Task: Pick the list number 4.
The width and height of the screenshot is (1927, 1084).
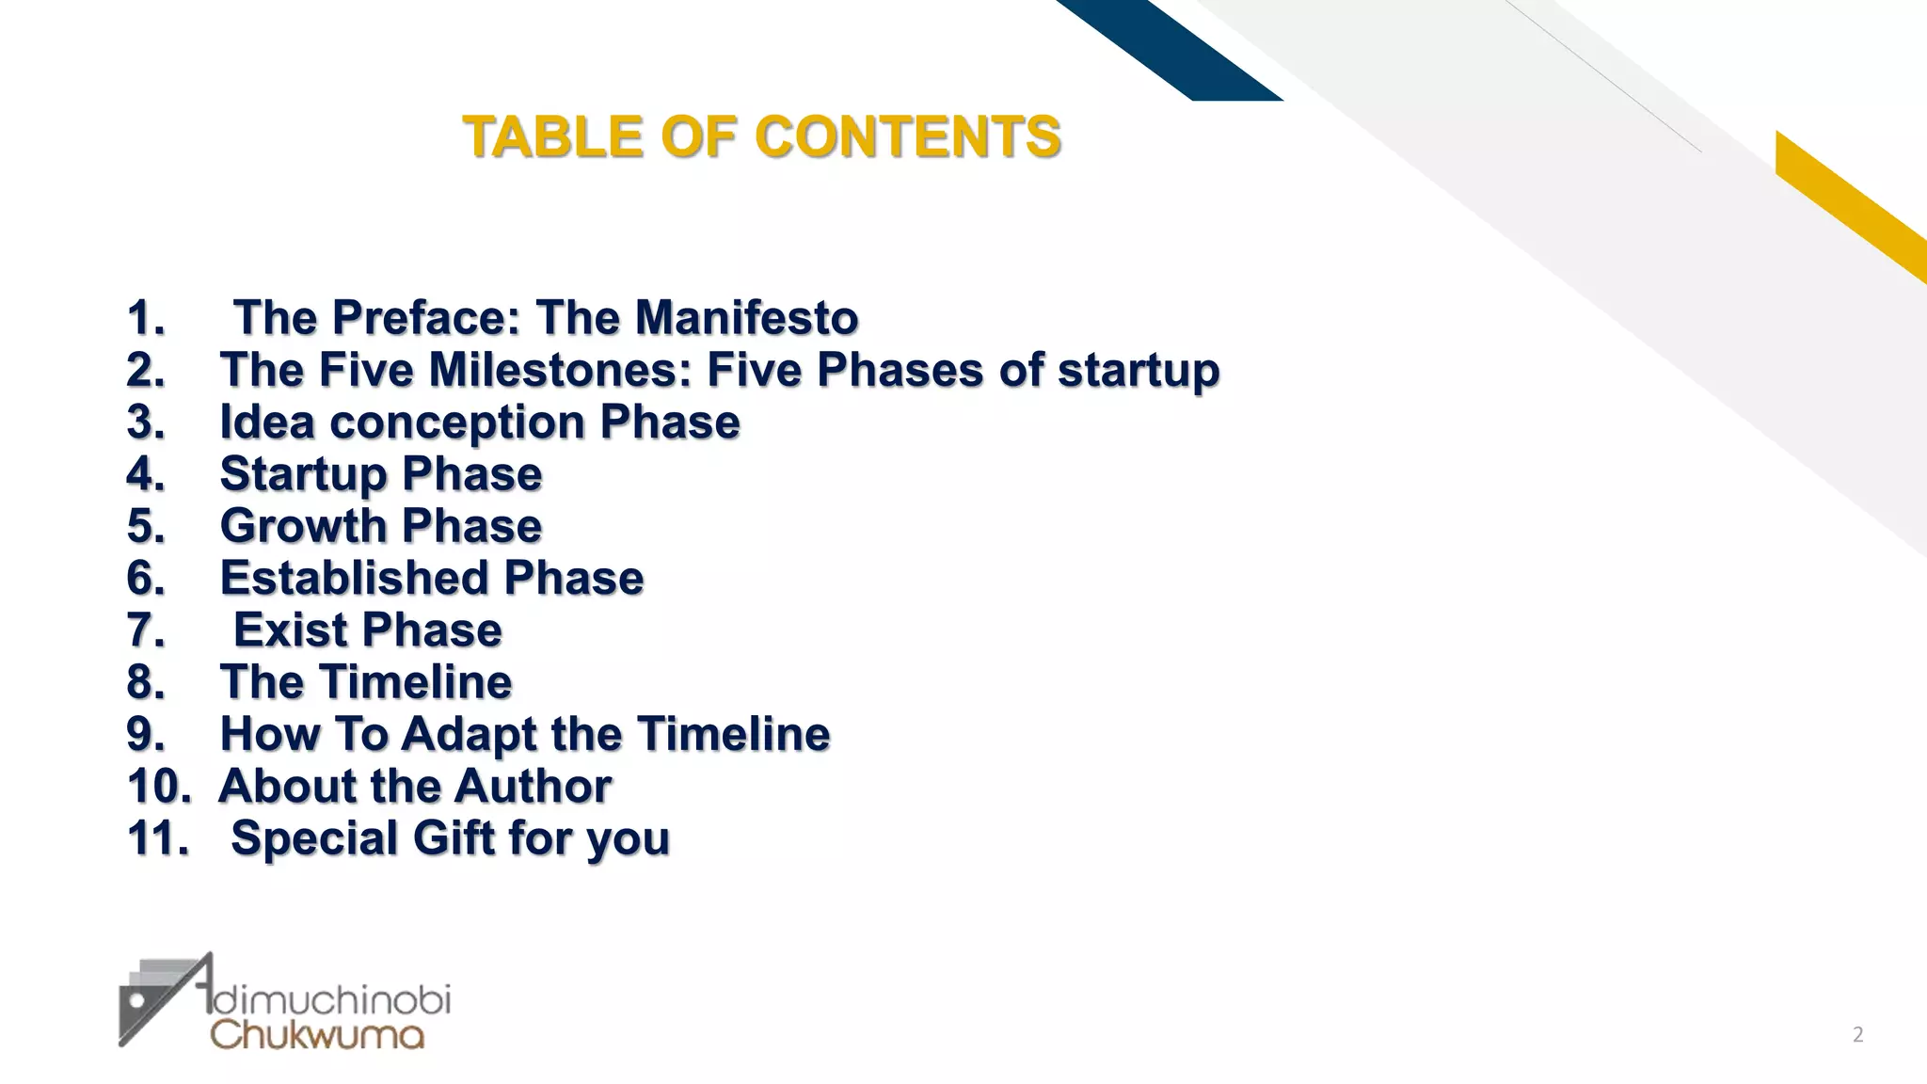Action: coord(145,474)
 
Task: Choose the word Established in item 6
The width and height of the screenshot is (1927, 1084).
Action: coord(353,578)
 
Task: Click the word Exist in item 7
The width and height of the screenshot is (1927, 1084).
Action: coord(289,630)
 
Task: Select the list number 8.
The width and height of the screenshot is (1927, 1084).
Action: coord(145,682)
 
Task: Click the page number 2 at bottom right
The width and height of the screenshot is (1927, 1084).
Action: coord(1857,1035)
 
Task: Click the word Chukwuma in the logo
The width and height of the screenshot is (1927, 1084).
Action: coord(317,1035)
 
